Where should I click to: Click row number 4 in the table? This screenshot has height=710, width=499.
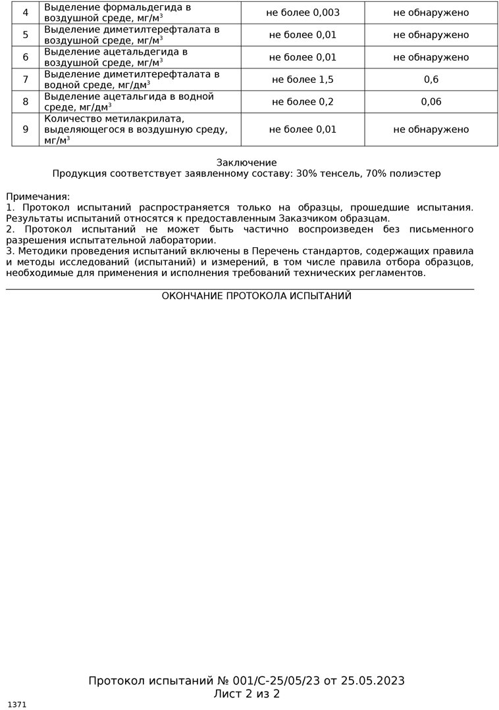click(x=26, y=12)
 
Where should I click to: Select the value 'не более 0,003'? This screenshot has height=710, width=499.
click(x=303, y=12)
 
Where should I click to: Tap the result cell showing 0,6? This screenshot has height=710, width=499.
click(x=431, y=80)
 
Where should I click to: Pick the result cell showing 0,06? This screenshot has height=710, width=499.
click(x=431, y=102)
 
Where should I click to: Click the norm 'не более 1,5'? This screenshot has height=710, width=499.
click(x=303, y=80)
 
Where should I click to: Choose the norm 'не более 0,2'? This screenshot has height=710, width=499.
click(x=303, y=102)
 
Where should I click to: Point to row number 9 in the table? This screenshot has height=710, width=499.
click(x=26, y=130)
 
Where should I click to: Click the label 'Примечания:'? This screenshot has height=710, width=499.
click(x=38, y=197)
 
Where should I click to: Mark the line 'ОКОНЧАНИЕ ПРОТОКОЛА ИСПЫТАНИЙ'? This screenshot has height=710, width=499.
click(x=257, y=296)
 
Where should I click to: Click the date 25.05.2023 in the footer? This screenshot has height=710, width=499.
click(x=373, y=680)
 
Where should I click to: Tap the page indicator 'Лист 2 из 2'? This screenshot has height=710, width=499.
click(x=247, y=694)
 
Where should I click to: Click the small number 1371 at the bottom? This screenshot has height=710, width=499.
click(x=17, y=705)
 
